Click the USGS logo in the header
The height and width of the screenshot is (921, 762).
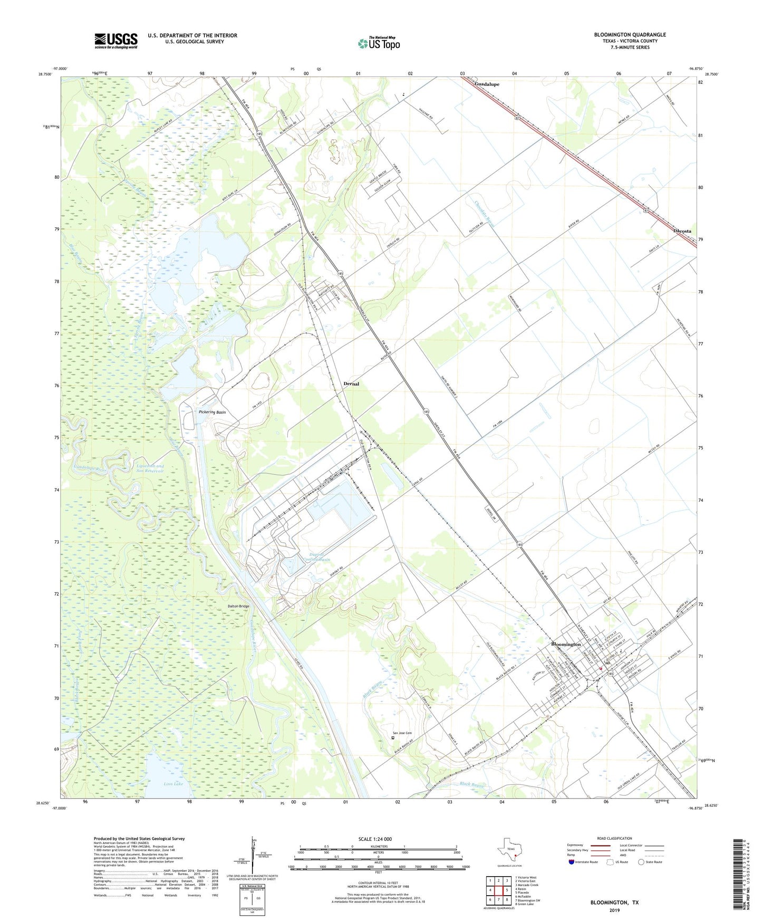(x=116, y=41)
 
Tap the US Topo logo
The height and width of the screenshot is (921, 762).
(x=379, y=43)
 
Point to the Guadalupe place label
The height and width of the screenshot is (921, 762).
(x=487, y=84)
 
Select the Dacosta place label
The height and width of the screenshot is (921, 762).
(x=682, y=231)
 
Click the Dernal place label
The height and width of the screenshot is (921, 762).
(x=351, y=383)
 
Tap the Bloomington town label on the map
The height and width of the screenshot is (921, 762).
(x=566, y=644)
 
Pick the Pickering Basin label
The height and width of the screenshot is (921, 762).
(x=213, y=412)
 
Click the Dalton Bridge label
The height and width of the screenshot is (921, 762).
(x=238, y=606)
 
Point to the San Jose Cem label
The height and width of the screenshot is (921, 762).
(x=401, y=733)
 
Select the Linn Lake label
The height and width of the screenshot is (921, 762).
(x=173, y=784)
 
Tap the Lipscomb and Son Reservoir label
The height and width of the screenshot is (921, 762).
(x=150, y=468)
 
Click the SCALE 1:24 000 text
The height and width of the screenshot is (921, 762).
(x=374, y=839)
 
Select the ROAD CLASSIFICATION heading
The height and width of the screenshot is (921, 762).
(x=614, y=838)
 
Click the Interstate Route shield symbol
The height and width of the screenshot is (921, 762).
(x=572, y=862)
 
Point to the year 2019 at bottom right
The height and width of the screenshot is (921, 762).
(x=614, y=910)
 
